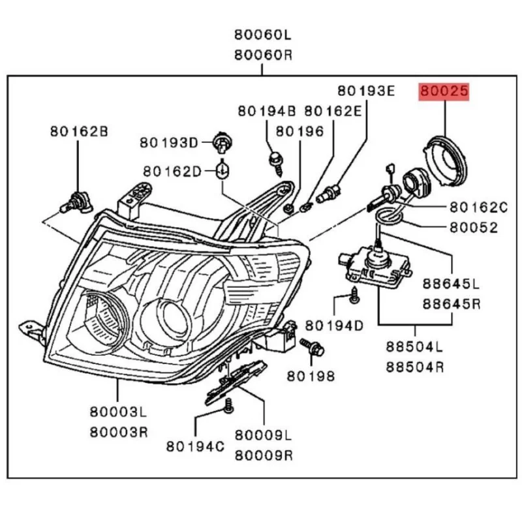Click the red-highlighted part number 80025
tap(444, 93)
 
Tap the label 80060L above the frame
tap(261, 34)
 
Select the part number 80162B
tap(78, 131)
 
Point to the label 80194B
tap(266, 111)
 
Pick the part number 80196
tap(299, 131)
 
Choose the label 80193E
tap(365, 90)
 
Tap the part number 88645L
tap(450, 285)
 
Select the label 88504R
tap(414, 367)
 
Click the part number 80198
tap(311, 376)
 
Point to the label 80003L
tap(118, 412)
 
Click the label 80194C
tap(195, 446)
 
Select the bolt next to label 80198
tap(311, 346)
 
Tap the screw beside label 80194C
tap(228, 408)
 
